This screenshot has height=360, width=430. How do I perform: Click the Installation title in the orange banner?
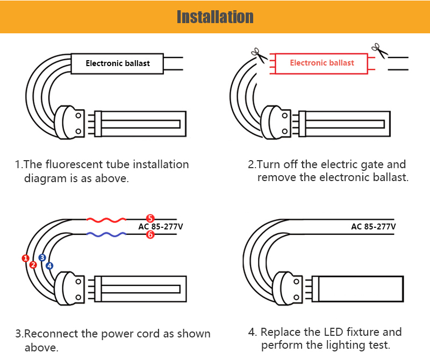(x=215, y=17)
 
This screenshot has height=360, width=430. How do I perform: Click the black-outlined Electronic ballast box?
(x=117, y=63)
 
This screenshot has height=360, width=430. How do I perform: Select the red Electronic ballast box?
(x=321, y=63)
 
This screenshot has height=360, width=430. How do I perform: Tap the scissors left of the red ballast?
(x=259, y=55)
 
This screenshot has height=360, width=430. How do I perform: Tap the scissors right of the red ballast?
(x=380, y=51)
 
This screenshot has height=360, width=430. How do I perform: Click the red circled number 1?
(x=25, y=258)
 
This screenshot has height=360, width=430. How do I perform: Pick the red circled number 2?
(x=33, y=265)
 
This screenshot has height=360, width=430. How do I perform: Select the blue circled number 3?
(x=42, y=257)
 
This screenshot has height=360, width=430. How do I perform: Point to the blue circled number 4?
(x=49, y=265)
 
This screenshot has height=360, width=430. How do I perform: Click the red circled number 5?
(x=150, y=219)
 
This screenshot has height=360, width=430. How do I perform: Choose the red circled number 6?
(x=150, y=234)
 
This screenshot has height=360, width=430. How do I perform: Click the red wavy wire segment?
(x=106, y=220)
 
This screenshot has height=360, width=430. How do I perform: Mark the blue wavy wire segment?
(x=106, y=234)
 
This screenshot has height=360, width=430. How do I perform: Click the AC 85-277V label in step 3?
(x=160, y=227)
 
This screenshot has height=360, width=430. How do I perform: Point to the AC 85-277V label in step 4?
(x=374, y=227)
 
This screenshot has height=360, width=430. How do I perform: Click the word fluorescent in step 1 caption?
(x=74, y=164)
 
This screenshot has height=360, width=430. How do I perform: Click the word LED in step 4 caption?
(x=333, y=332)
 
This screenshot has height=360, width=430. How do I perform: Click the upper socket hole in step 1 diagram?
(x=78, y=116)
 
